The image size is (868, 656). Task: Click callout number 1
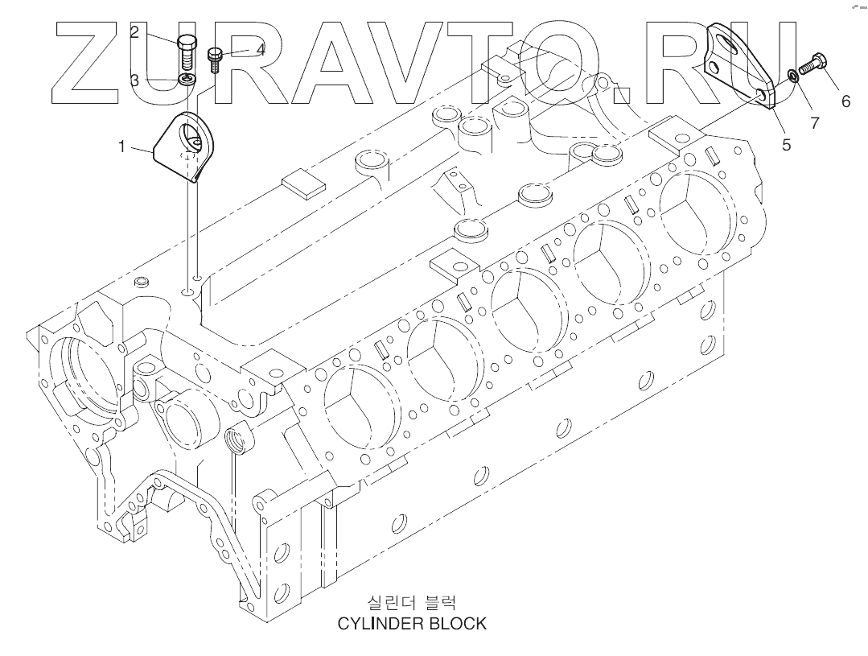[121, 146]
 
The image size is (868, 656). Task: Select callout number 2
[134, 31]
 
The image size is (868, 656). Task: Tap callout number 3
[134, 80]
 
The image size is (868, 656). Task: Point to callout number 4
[260, 49]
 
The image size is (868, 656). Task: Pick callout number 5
[786, 145]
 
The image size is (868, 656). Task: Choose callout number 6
[845, 101]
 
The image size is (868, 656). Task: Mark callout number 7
[814, 123]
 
